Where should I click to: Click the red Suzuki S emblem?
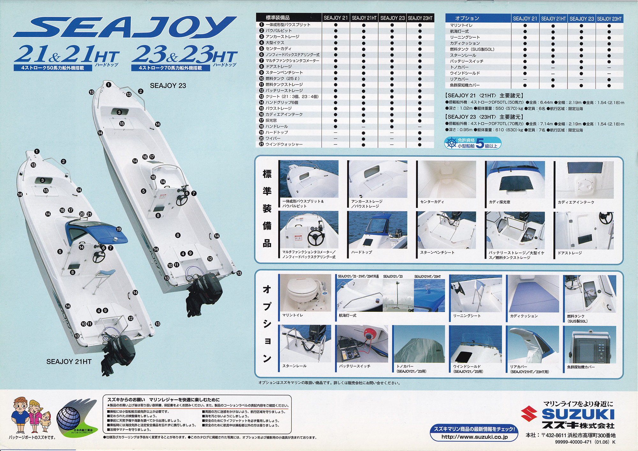529,414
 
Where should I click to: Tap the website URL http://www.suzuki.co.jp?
474,437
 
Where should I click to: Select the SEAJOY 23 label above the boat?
168,85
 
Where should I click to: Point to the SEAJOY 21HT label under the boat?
69,362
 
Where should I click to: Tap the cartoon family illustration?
30,415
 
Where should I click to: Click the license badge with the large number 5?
472,143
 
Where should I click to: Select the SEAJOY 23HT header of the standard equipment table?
420,18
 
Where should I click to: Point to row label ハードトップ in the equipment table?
277,132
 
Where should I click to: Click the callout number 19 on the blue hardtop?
119,229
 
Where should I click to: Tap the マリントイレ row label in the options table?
461,25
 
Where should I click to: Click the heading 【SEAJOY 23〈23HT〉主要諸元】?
484,117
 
